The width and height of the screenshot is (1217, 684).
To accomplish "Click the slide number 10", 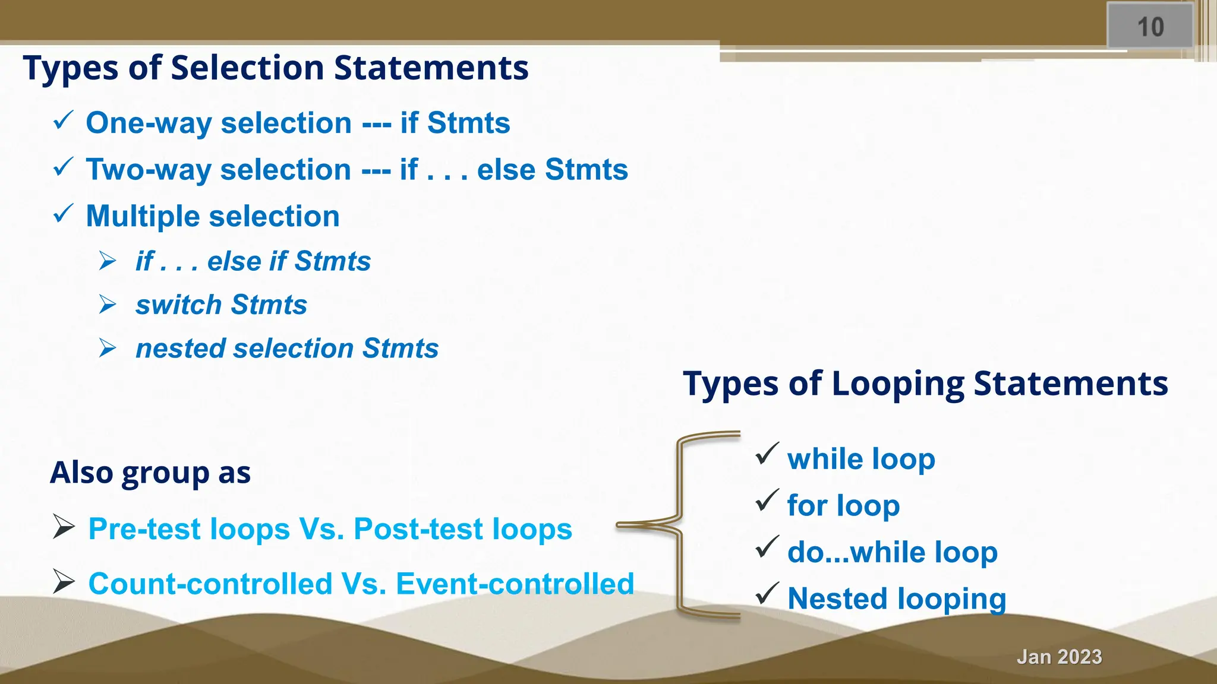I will (1150, 27).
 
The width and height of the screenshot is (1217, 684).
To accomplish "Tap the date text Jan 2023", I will (1059, 657).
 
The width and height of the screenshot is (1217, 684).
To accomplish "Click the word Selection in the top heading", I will (247, 68).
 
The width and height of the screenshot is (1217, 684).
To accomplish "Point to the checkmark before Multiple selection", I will (63, 213).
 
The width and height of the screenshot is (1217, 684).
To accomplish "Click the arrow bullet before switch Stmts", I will (108, 305).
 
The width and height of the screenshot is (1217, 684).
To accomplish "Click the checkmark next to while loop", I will (767, 455).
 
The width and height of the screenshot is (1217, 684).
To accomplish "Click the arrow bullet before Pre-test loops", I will (64, 527).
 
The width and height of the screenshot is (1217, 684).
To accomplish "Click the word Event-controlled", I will (515, 584).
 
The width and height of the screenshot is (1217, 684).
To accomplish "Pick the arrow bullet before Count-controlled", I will (64, 581).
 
